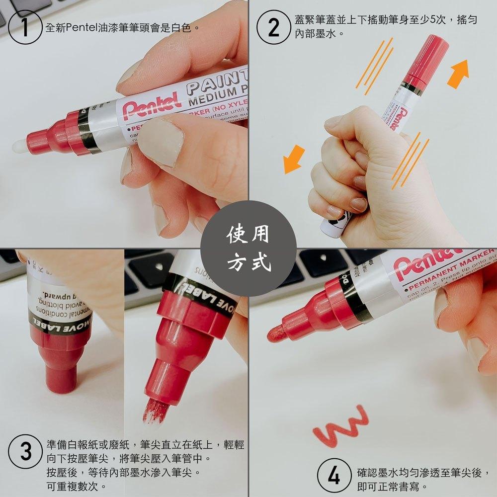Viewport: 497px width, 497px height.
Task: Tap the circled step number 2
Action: pos(273,27)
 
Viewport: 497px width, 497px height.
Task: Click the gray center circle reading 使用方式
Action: pos(248,248)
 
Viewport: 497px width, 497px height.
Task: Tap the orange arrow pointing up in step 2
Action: pos(458,73)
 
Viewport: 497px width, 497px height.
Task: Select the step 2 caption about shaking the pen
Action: pos(385,27)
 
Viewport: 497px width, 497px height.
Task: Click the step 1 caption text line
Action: pos(122,27)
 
